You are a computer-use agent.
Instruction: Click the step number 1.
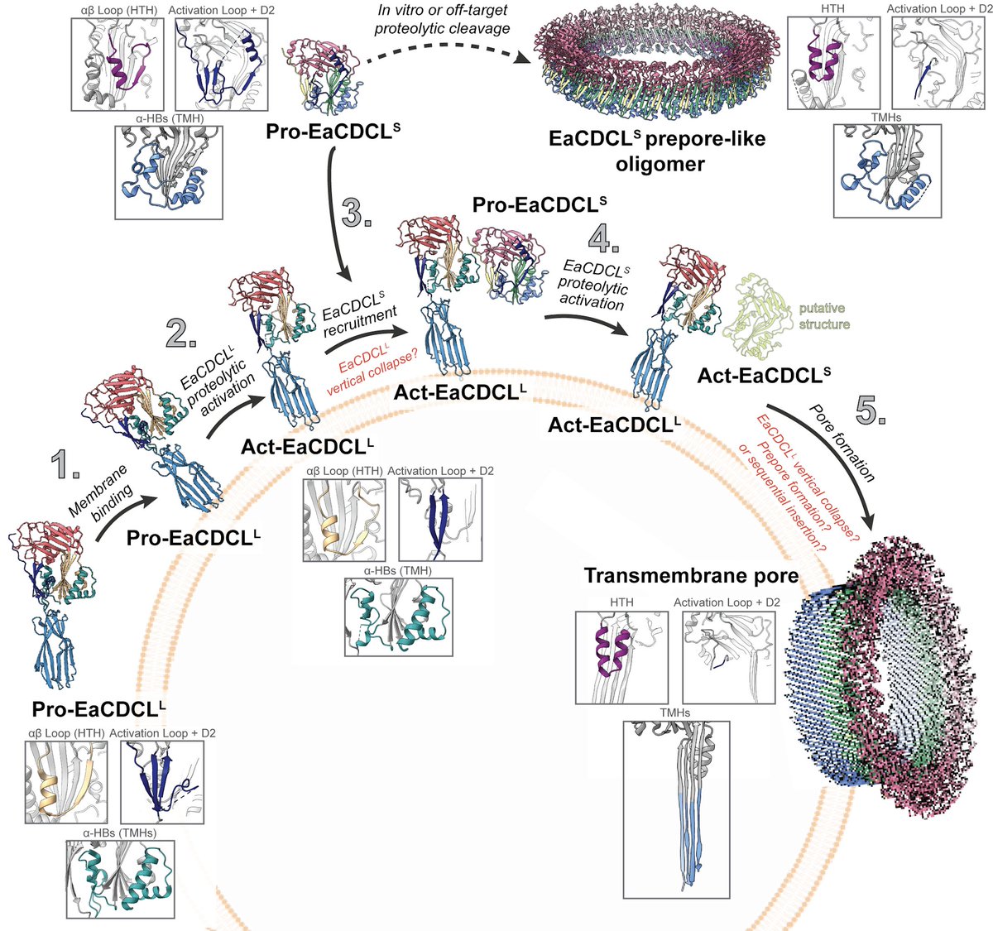(x=65, y=463)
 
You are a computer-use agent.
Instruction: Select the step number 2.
(x=181, y=333)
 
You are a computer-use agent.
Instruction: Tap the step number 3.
(x=356, y=212)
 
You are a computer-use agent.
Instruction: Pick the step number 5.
(x=871, y=411)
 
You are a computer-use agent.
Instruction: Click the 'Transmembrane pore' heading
(x=691, y=576)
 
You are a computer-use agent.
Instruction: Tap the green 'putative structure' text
(x=824, y=316)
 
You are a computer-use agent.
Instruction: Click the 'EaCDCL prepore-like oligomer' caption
(x=657, y=151)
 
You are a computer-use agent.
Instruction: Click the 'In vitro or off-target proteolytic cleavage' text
(x=442, y=20)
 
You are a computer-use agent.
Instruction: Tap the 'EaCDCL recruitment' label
(x=358, y=314)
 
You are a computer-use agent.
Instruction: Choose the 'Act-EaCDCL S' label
(x=764, y=375)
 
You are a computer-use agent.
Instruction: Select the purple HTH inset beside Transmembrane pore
(x=621, y=657)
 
